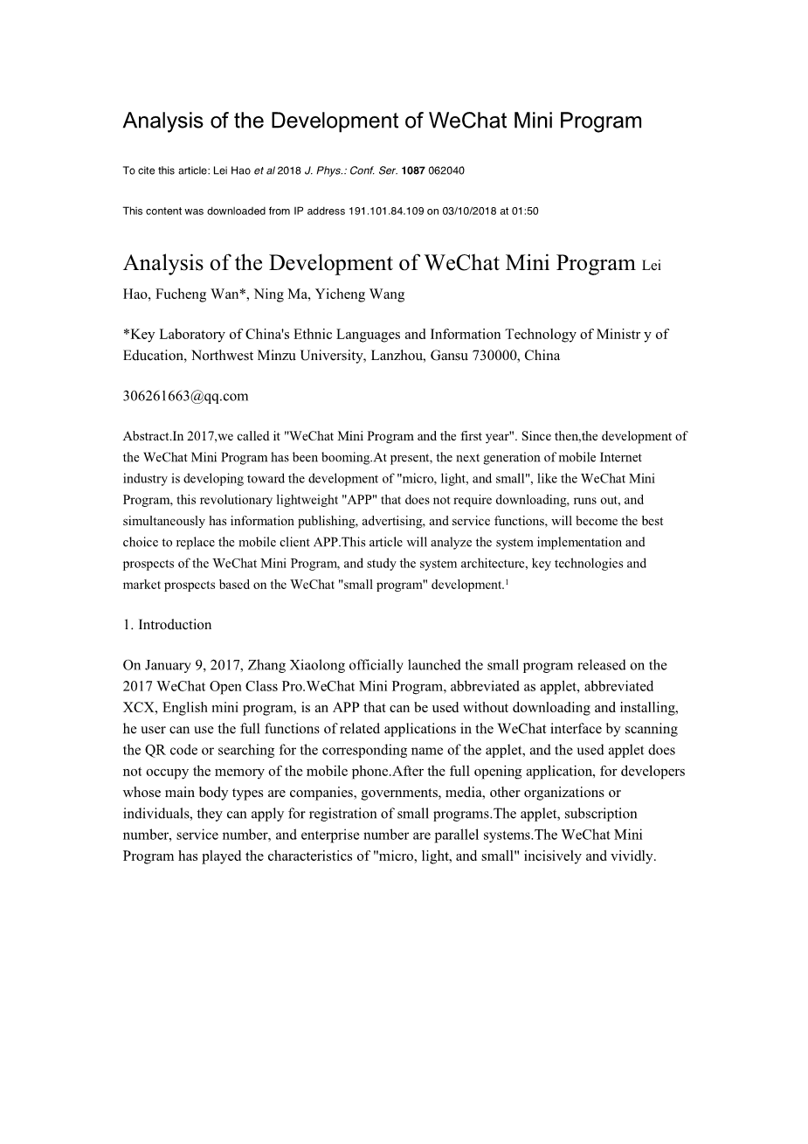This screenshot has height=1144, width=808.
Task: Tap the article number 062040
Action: (x=446, y=170)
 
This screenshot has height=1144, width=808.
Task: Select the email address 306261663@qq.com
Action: (x=185, y=396)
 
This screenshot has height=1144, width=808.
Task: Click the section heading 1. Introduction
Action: (x=167, y=625)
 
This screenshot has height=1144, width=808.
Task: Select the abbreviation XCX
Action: (x=139, y=708)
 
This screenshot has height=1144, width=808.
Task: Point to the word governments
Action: (x=401, y=793)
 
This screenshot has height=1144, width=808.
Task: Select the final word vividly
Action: (x=633, y=856)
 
